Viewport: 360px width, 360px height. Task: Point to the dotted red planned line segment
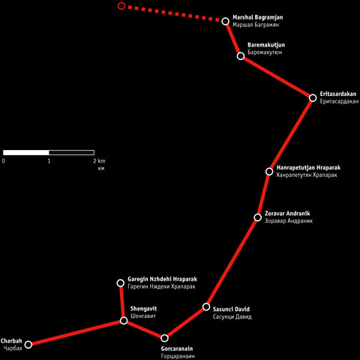(x=173, y=13)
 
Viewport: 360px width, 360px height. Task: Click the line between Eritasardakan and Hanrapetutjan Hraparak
(x=291, y=135)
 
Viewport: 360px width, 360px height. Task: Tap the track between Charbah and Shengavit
(x=76, y=332)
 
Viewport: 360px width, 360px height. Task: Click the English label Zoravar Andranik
(x=287, y=214)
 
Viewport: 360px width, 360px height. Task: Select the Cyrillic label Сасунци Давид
(x=232, y=316)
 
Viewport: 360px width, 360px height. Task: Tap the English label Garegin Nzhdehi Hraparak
(x=162, y=279)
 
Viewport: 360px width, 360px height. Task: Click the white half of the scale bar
(x=26, y=152)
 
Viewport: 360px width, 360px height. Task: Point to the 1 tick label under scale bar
(x=49, y=161)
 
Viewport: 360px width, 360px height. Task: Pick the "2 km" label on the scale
(x=99, y=161)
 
